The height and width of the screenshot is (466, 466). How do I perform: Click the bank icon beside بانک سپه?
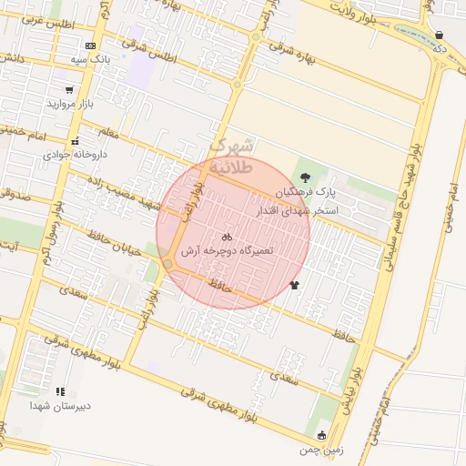[90, 46]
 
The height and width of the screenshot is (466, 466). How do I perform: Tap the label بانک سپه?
[90, 58]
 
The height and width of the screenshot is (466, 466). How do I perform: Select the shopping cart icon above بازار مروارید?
[69, 90]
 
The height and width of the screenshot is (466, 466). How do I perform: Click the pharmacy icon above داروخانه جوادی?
[76, 141]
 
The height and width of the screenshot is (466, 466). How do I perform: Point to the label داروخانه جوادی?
[75, 155]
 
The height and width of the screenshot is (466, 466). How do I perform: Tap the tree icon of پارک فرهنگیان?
[304, 178]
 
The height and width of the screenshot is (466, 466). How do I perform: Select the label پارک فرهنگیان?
[306, 194]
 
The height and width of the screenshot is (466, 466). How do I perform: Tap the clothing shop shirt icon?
[294, 285]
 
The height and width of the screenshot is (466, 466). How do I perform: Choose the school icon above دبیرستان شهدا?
[60, 391]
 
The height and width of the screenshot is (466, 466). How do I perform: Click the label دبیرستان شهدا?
[60, 405]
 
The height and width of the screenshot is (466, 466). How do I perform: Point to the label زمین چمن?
[324, 449]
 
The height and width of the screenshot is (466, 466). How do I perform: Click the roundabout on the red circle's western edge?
[168, 264]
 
